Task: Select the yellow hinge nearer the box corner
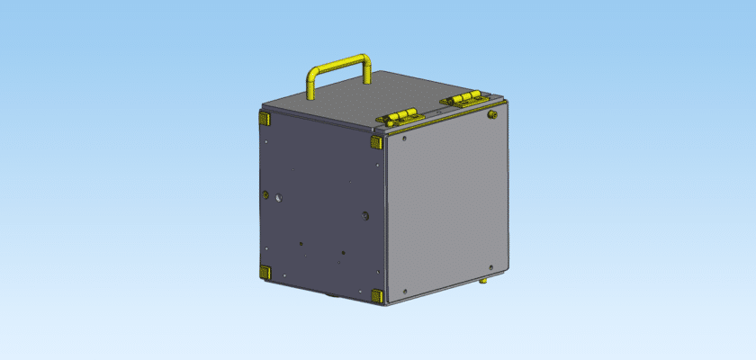[x=400, y=116]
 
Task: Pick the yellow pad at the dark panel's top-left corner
[x=265, y=118]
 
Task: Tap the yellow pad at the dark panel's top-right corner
[x=376, y=142]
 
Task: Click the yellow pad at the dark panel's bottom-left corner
[x=265, y=271]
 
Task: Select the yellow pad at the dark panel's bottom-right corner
[x=376, y=295]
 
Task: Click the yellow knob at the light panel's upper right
[x=491, y=114]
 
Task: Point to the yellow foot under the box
[x=482, y=282]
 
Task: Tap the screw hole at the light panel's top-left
[x=405, y=139]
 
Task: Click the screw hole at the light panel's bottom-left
[x=406, y=291]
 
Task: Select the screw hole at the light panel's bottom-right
[x=490, y=266]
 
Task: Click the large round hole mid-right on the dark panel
[x=364, y=214]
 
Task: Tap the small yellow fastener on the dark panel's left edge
[x=265, y=193]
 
